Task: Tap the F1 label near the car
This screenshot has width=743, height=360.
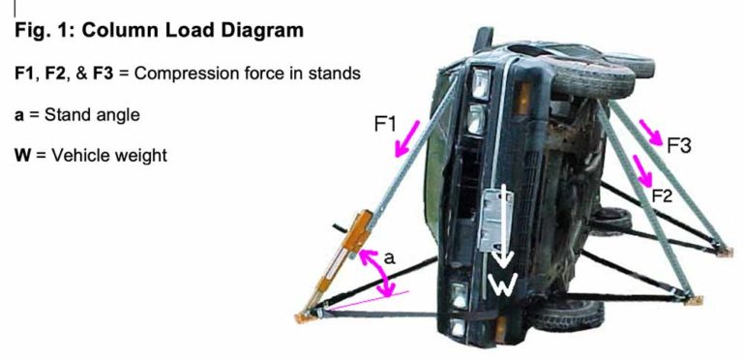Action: (x=386, y=124)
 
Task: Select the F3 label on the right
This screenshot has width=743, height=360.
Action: (x=679, y=146)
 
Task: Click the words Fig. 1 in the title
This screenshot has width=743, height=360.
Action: (x=44, y=31)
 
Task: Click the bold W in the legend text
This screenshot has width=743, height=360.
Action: (x=22, y=155)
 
